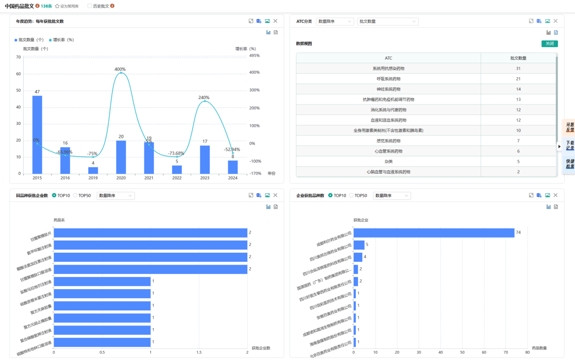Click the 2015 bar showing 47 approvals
(x=37, y=135)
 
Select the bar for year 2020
(x=121, y=157)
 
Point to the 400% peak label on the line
(x=120, y=69)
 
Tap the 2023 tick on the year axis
(x=205, y=178)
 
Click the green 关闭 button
(x=549, y=44)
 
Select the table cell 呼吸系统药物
(x=388, y=79)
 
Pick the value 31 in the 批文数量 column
(x=518, y=68)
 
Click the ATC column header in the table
(x=388, y=58)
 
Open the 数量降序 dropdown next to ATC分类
(x=335, y=21)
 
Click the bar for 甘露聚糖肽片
(x=150, y=233)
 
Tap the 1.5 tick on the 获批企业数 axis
(x=199, y=352)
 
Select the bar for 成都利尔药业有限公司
(x=434, y=233)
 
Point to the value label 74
(x=518, y=233)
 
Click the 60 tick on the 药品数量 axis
(x=484, y=352)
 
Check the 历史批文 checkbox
(x=90, y=6)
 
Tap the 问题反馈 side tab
(x=569, y=127)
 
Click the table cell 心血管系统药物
(x=388, y=151)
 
